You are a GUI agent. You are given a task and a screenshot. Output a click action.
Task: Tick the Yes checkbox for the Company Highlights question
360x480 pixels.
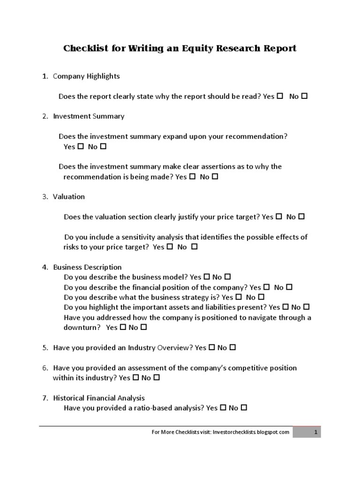280,96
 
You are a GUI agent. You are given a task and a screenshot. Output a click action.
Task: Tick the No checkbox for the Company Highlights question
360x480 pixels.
304,96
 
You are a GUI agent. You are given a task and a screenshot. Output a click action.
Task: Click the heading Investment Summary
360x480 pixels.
89,116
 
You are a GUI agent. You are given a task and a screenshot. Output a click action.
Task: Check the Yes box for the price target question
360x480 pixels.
279,217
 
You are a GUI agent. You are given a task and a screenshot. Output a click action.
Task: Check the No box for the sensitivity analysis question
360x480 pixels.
195,247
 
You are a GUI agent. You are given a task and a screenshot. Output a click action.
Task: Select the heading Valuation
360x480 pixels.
69,196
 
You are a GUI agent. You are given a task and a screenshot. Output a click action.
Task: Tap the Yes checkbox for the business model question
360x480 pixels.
207,277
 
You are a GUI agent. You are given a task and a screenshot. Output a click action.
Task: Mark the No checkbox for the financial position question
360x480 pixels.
289,287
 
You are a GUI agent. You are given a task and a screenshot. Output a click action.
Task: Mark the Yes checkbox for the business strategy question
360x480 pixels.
239,297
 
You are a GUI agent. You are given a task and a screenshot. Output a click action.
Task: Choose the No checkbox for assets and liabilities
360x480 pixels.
307,307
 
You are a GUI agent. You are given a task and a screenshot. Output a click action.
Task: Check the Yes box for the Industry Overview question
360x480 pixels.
212,347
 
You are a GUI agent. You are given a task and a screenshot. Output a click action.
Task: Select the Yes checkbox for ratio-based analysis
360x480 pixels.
223,408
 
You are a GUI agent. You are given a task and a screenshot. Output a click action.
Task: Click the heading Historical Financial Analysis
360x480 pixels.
99,398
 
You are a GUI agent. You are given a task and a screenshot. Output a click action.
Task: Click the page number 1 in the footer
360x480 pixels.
316,432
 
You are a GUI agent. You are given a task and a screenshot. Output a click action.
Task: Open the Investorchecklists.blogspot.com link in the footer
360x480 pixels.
251,432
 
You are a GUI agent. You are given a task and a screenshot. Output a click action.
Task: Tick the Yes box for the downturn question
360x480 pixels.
123,327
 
